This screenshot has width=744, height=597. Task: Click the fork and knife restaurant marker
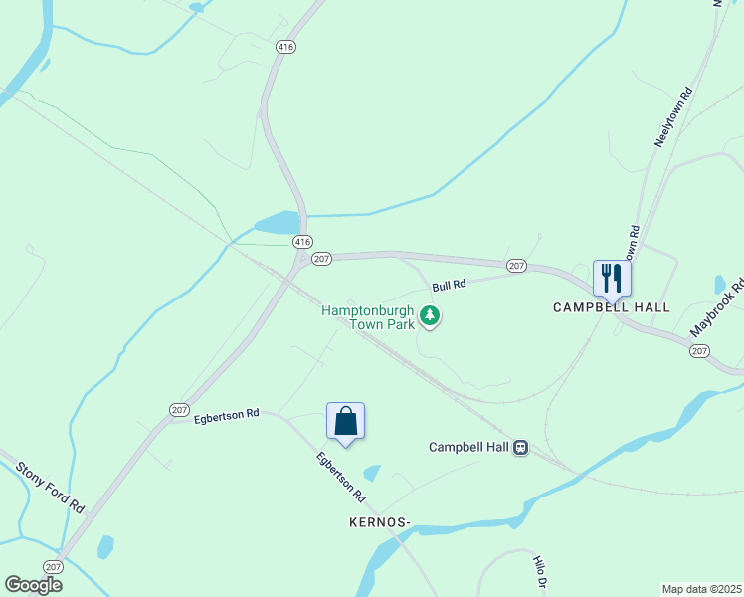coord(612,278)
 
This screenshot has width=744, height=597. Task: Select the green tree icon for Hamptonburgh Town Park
coord(430,317)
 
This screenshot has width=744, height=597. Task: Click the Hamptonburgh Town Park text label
coord(367,318)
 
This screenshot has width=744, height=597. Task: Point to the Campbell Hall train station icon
coord(520,448)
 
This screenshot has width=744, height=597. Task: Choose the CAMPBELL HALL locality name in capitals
coord(612,307)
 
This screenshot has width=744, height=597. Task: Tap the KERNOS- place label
coord(380,521)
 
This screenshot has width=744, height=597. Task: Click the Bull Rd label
coord(449,286)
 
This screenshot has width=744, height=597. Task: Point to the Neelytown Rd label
coord(672,118)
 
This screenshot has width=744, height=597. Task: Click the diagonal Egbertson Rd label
coord(341,478)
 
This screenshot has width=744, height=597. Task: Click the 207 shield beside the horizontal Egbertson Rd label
coord(179,409)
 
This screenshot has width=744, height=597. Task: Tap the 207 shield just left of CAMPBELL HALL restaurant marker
coord(516,265)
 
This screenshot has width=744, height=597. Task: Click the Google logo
coord(33,585)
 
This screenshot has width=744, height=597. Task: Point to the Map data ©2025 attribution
coord(700,589)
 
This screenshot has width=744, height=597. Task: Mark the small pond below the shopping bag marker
coord(372,473)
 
